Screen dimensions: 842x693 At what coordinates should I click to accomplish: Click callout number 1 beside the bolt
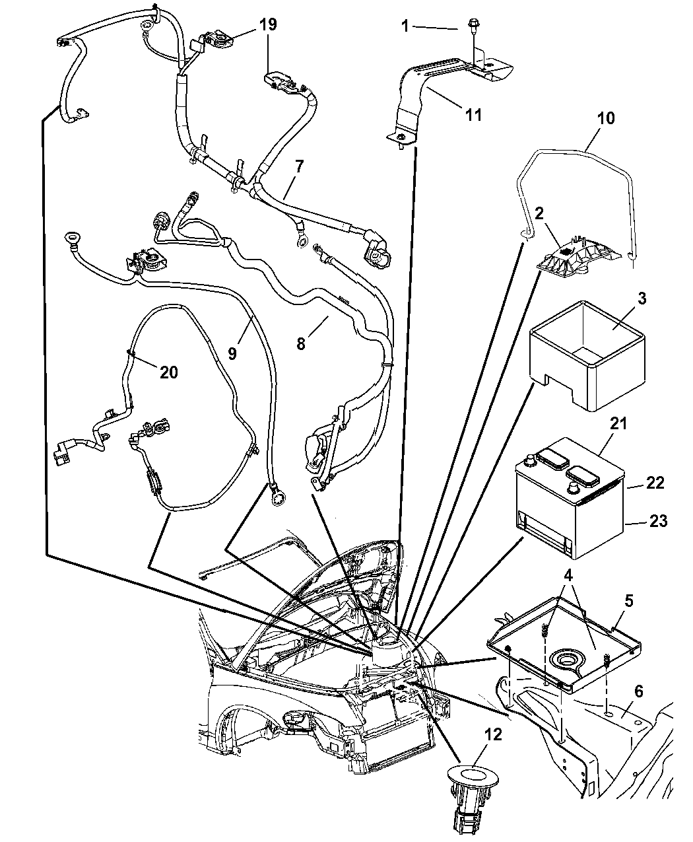point(406,26)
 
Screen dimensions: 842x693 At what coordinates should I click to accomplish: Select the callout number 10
point(605,118)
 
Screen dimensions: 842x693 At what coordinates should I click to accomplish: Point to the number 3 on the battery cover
point(624,298)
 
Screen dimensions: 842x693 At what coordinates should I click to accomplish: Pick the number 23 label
point(658,521)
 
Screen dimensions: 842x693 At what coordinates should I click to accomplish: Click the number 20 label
point(169,372)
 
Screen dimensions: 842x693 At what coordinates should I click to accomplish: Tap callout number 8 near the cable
point(301,343)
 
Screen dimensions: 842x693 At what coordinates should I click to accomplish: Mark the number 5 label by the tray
point(628,601)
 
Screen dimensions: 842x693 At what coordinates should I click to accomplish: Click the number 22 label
point(655,483)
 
